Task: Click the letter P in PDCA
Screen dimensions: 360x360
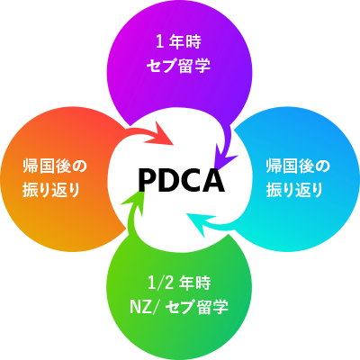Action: [148, 180]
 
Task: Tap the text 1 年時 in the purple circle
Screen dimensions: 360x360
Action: [178, 42]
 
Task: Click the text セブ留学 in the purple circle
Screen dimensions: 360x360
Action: [178, 66]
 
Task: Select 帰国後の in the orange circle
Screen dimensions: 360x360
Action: [55, 166]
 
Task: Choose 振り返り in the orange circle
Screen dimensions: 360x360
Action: [51, 190]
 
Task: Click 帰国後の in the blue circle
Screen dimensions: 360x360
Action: [298, 166]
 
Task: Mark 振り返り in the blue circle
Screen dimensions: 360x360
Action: [294, 190]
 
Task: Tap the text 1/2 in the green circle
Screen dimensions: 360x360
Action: [161, 283]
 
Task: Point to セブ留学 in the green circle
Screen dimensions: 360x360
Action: [197, 307]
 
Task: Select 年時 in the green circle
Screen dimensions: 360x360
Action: [195, 283]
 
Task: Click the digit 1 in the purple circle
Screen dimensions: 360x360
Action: [159, 42]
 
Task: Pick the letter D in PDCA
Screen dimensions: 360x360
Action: [168, 180]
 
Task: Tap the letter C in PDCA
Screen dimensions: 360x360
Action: [191, 180]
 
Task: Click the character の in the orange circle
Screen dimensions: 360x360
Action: [80, 166]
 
